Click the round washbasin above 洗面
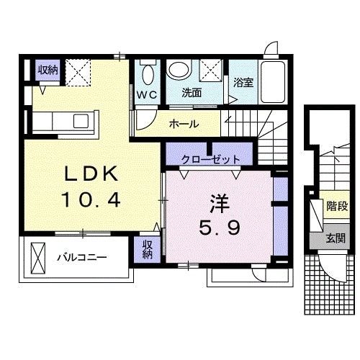178,71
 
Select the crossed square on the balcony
37,256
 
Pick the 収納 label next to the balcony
147,249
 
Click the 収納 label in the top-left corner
48,70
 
